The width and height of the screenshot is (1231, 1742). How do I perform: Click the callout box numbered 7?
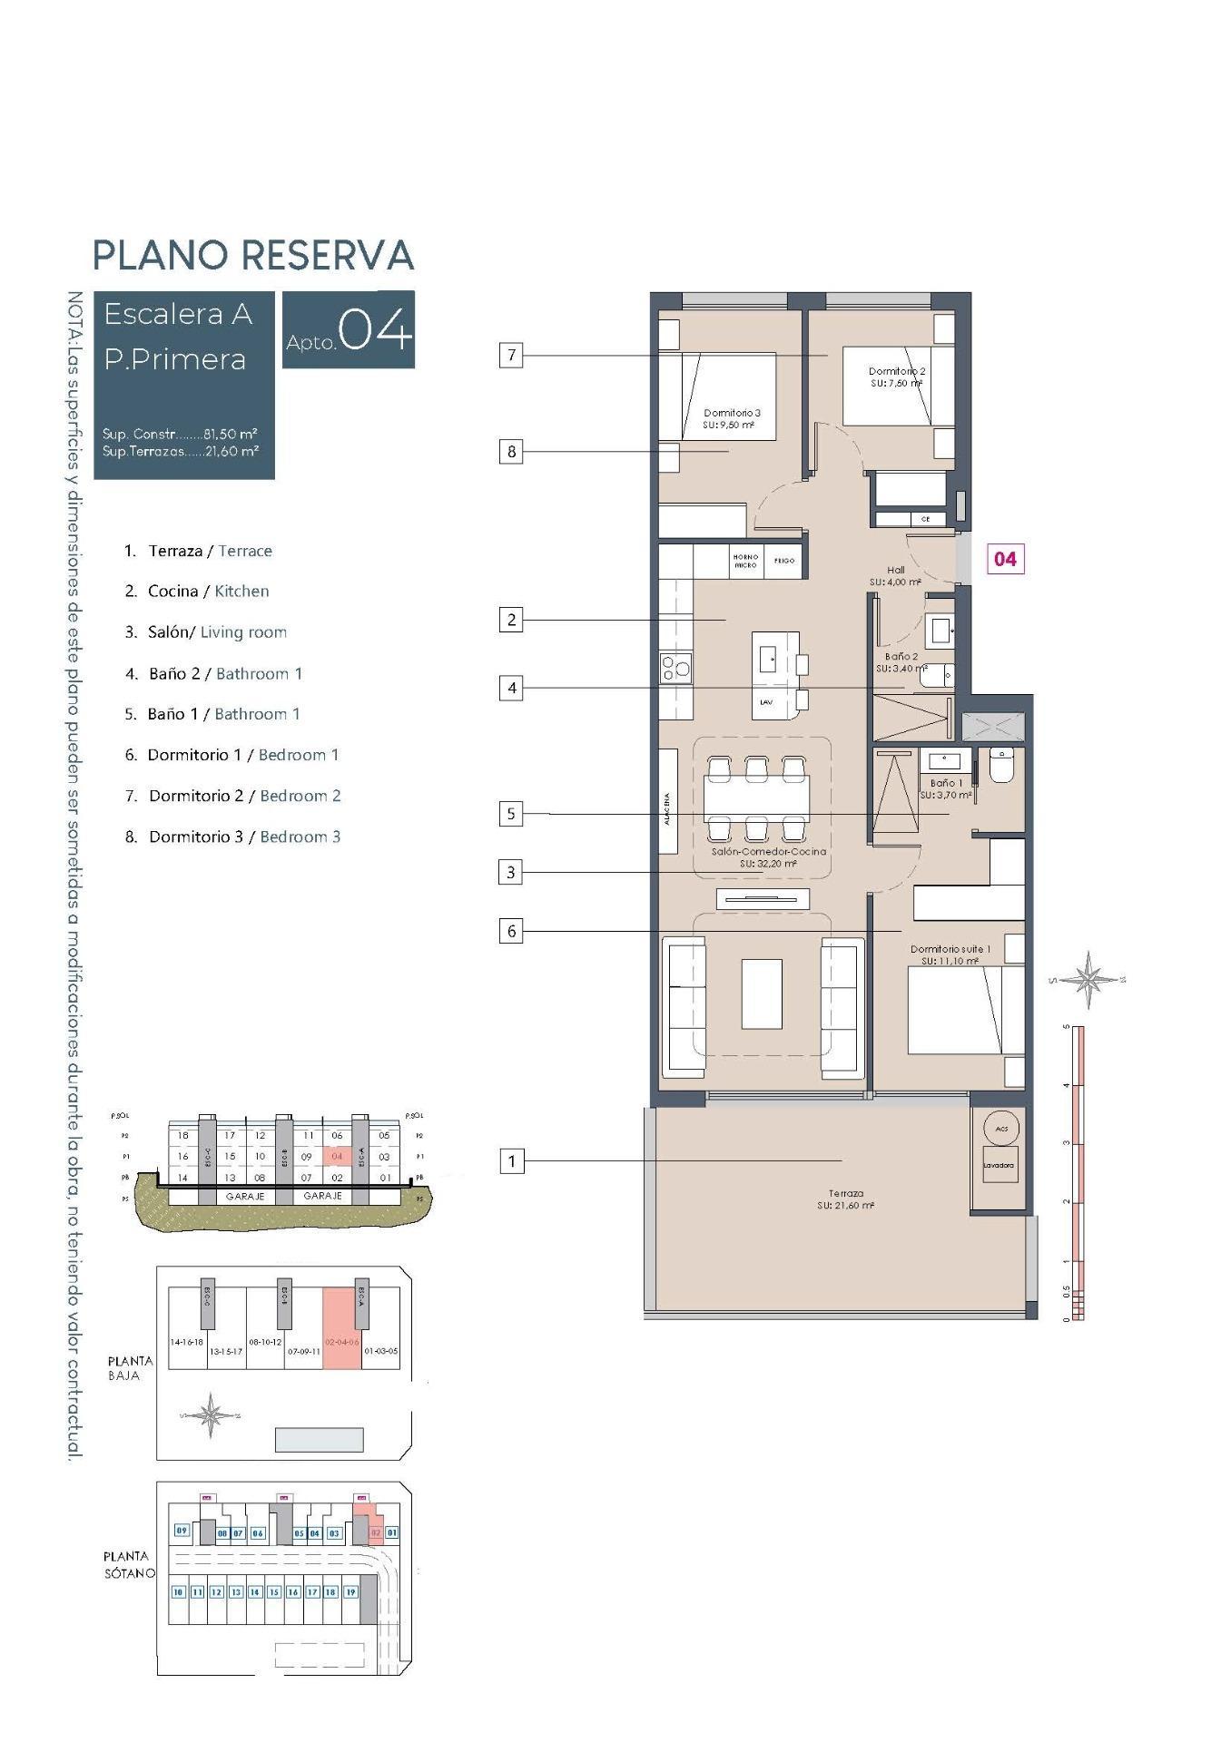point(511,355)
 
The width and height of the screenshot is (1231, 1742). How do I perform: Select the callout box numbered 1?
point(511,1160)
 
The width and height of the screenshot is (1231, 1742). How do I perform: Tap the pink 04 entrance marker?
point(1005,558)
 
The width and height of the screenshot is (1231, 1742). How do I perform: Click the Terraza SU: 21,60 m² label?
point(845,1199)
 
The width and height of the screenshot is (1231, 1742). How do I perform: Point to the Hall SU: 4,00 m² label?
point(895,576)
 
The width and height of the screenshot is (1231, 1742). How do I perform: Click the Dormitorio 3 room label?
point(732,418)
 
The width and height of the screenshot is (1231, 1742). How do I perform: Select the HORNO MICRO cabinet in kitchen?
point(745,561)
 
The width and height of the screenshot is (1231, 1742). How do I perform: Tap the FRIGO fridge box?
point(784,561)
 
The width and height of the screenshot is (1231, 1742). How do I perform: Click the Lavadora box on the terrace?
point(999,1165)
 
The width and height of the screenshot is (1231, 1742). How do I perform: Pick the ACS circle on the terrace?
point(1001,1129)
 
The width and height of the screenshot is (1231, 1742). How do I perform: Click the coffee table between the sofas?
point(761,993)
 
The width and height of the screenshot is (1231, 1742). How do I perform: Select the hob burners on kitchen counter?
point(675,669)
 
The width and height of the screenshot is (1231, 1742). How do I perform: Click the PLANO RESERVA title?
point(253,255)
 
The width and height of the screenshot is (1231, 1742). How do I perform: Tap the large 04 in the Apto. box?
point(374,330)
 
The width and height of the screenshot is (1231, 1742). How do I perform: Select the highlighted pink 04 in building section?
point(337,1156)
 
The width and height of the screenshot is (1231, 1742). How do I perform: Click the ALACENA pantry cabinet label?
point(668,801)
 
